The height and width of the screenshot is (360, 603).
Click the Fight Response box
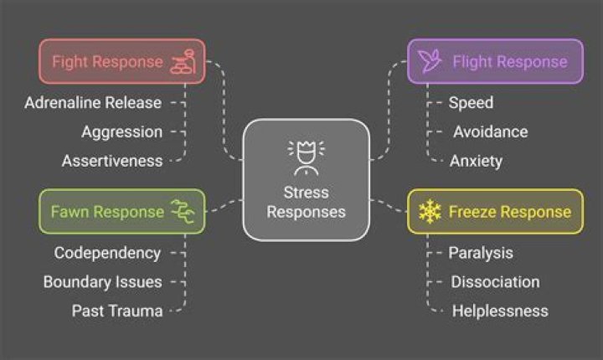point(121,61)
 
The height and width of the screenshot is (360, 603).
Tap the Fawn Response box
point(121,211)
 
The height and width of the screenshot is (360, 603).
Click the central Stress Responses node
point(306,179)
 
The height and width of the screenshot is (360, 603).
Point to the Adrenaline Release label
point(92,102)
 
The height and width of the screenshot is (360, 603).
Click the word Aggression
point(121,131)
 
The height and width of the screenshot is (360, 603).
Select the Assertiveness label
point(112,161)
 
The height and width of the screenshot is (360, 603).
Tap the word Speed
point(471,102)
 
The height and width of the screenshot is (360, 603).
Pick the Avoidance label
point(491,131)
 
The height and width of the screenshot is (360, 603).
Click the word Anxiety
point(476,161)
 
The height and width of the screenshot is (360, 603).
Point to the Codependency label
point(107,252)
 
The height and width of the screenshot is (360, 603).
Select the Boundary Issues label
point(102,281)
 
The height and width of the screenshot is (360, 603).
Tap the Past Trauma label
point(116,311)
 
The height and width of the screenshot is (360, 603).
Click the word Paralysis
point(481,252)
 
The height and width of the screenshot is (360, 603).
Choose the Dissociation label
point(495,281)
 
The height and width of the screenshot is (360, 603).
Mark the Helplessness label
point(500,311)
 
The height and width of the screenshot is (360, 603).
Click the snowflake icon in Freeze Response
point(430,211)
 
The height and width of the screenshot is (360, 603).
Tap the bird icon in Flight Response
point(430,61)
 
